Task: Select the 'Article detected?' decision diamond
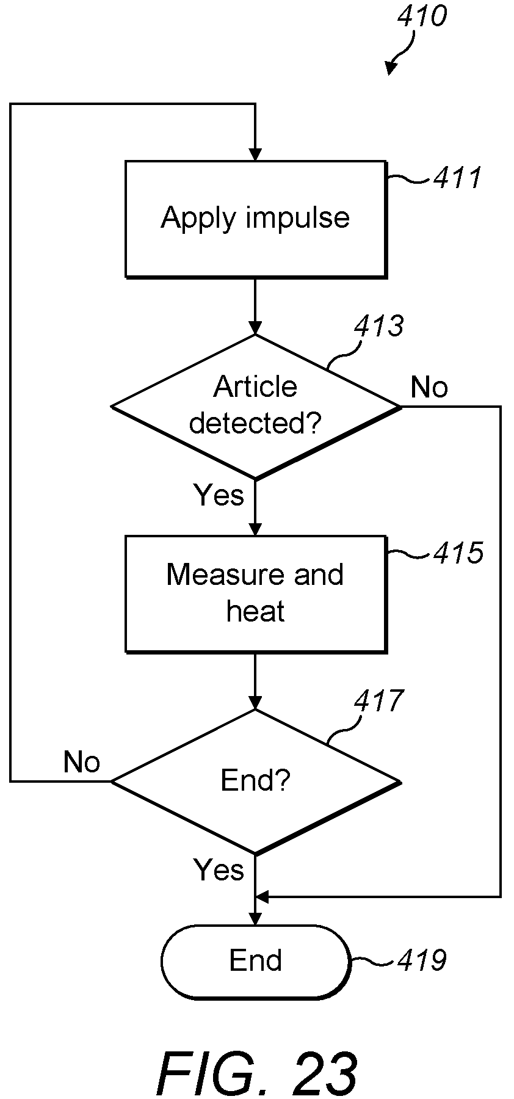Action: point(256,407)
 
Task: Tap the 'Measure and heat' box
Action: point(256,594)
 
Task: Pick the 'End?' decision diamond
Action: point(256,782)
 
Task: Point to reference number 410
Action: point(422,16)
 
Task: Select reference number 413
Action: point(379,326)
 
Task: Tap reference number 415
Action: point(458,553)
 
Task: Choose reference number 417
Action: point(379,701)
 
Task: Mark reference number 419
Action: point(422,960)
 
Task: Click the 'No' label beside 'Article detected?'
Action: point(429,387)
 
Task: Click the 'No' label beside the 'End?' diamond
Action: point(82,762)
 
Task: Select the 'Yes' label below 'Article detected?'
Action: point(219,495)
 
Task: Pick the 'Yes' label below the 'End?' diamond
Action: point(219,869)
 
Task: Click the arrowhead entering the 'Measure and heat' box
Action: point(255,529)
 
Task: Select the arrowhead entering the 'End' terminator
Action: point(255,918)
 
